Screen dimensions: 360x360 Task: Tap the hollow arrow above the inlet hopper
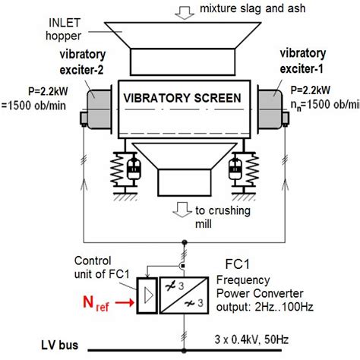[x=184, y=10]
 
